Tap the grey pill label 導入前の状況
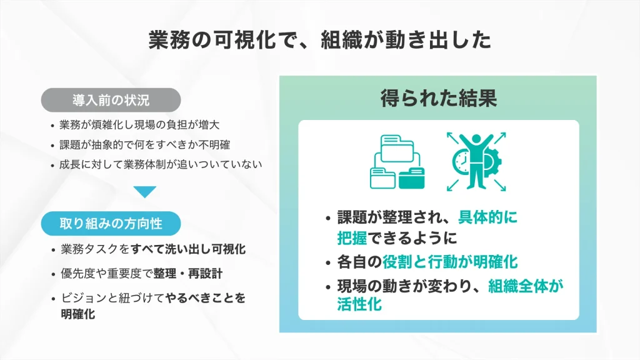point(111,100)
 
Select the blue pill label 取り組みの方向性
point(111,222)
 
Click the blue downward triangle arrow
point(145,192)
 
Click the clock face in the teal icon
point(462,162)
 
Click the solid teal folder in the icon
point(412,177)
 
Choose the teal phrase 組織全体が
point(526,287)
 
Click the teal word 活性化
point(359,305)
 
